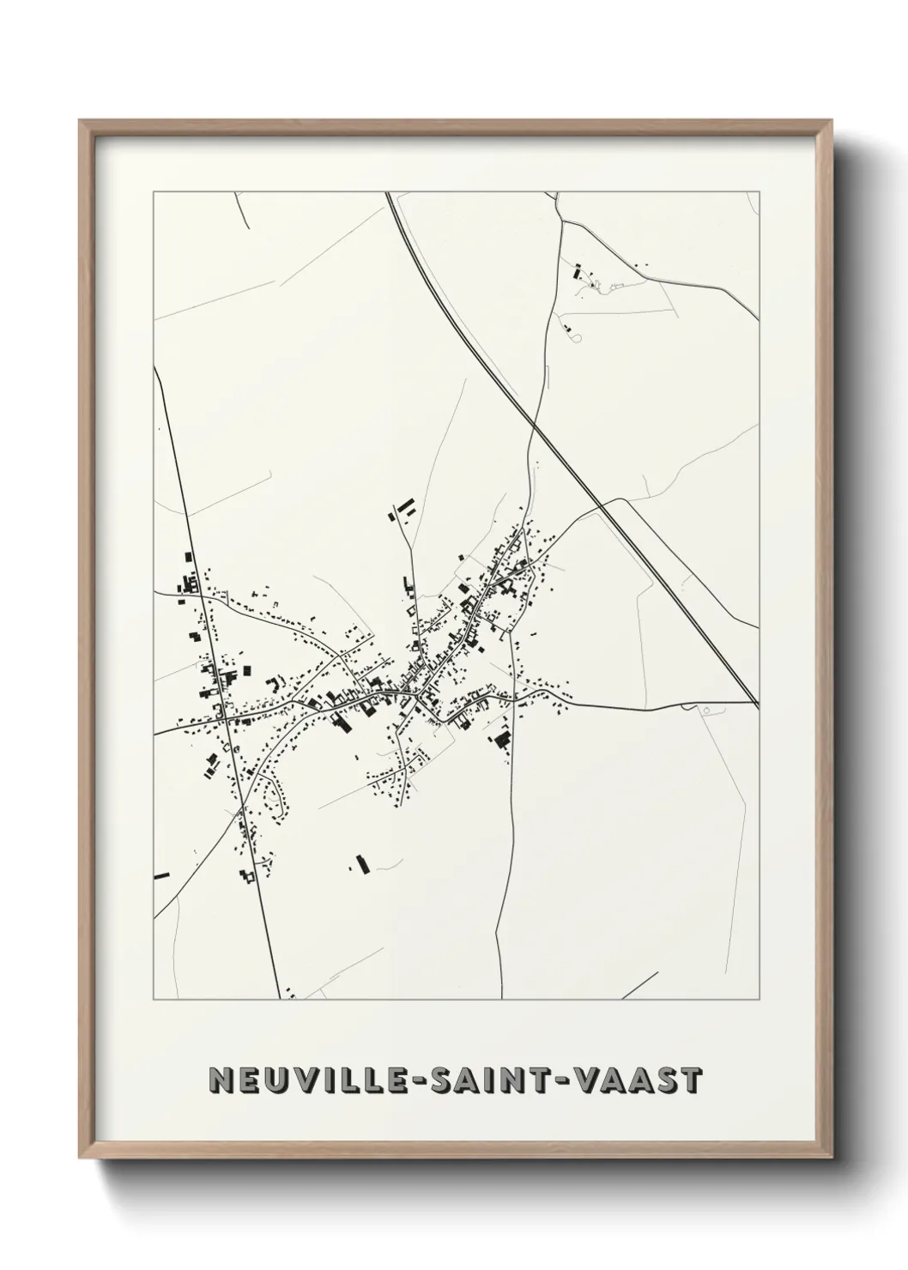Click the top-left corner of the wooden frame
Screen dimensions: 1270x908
(x=81, y=121)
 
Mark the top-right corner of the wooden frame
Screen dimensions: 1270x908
(x=831, y=121)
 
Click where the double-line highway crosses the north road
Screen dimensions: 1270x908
(x=533, y=424)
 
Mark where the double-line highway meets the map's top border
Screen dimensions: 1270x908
(x=388, y=194)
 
